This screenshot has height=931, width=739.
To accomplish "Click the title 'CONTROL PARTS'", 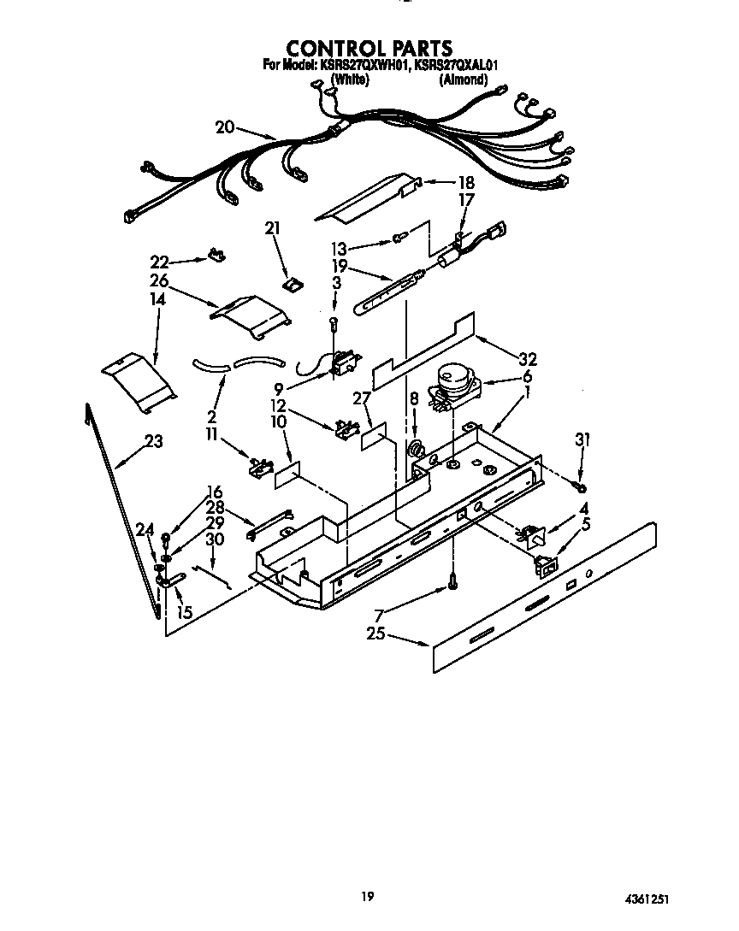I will coord(369,48).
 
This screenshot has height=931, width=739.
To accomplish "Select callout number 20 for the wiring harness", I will coord(225,127).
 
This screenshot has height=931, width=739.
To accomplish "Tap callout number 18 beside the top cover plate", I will coord(465,182).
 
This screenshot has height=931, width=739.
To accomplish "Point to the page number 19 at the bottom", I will coord(367,896).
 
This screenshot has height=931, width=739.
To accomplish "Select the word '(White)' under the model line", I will coord(349,80).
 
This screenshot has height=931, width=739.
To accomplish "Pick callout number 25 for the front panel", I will coord(374,635).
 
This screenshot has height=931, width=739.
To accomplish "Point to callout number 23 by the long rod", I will coord(154,441).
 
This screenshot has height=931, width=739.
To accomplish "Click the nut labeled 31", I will coord(581,487).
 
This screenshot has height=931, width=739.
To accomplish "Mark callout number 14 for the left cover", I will coord(157,300).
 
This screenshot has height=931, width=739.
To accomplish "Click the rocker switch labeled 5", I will coord(542,564).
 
